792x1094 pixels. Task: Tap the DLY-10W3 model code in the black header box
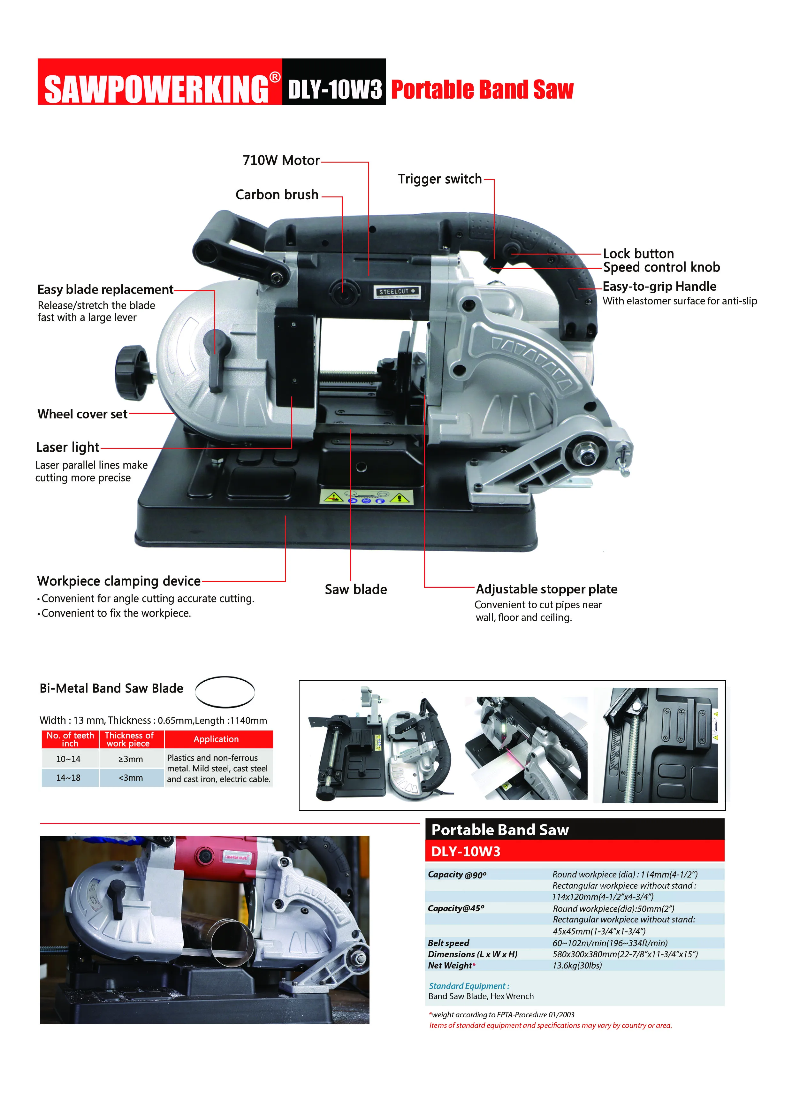point(334,89)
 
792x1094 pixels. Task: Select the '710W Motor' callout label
point(281,161)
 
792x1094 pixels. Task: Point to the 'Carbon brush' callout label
point(277,195)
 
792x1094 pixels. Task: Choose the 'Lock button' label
point(638,254)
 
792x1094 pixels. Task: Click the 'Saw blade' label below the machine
point(355,589)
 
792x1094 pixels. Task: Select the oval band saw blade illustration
point(225,691)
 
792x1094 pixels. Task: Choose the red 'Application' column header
point(216,739)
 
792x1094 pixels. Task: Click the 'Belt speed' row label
point(448,943)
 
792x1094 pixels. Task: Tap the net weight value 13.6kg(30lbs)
point(577,965)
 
